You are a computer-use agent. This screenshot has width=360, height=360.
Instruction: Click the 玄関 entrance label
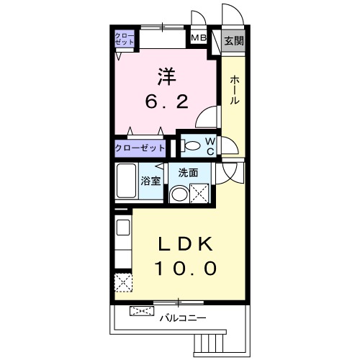[x=233, y=41]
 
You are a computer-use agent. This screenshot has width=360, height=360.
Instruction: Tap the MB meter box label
[x=198, y=39]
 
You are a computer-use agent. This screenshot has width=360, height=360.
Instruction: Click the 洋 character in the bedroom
[x=167, y=76]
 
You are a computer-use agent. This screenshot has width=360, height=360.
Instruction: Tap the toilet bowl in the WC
[x=192, y=146]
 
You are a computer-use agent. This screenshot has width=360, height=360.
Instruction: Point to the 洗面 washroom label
[x=188, y=173]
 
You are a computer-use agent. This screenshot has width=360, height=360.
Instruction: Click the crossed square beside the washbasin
[x=199, y=192]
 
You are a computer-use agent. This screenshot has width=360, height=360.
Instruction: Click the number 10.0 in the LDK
[x=184, y=269]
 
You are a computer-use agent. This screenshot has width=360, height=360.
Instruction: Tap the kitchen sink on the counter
[x=122, y=228]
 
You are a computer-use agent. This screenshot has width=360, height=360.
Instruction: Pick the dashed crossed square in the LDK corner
[x=123, y=283]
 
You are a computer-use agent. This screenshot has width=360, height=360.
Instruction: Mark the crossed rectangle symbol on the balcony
[x=141, y=311]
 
